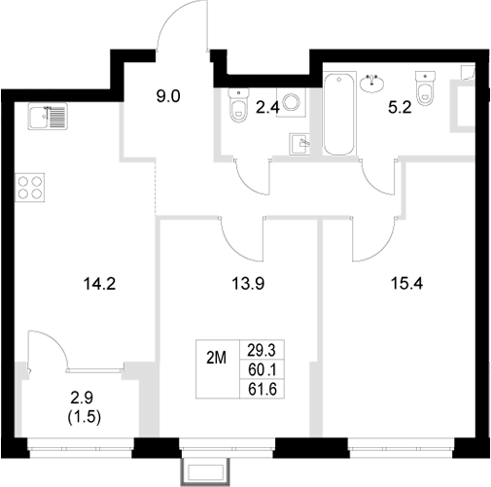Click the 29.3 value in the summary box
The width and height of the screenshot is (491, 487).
click(x=260, y=349)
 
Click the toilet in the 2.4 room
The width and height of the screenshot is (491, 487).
click(x=237, y=107)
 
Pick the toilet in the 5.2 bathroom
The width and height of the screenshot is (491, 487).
click(x=424, y=87)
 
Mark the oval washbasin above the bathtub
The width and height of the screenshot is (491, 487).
click(x=372, y=84)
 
